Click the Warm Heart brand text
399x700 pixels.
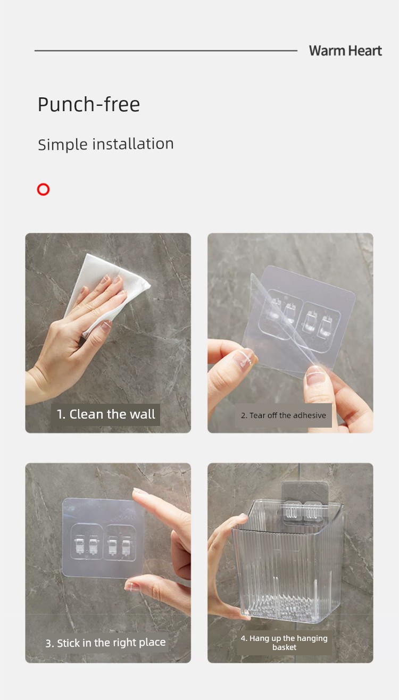345,51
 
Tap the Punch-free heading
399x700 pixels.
89,104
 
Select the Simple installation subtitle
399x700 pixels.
106,144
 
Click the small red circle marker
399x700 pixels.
43,189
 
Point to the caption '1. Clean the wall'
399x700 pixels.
106,414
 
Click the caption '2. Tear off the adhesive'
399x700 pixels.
284,415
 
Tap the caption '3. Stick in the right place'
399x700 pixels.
106,643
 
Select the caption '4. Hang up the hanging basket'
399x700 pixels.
284,643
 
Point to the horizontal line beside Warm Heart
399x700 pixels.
165,51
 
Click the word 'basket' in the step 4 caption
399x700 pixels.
284,647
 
